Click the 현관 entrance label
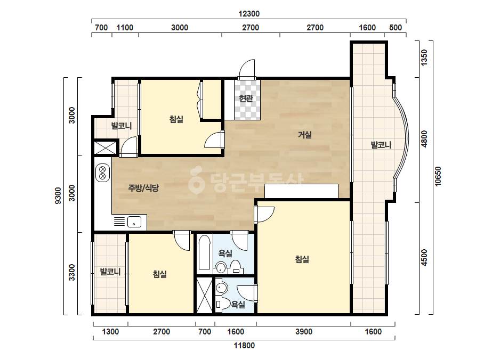246,99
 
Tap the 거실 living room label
305,135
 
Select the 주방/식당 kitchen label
143,188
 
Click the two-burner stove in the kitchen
102,173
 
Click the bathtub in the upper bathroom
204,252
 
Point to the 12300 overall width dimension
249,14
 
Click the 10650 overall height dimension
438,176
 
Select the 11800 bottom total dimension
244,346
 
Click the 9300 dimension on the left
58,195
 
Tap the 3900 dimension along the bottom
304,331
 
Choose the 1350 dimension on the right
424,58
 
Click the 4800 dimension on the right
424,139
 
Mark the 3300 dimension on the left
72,273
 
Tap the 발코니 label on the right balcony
381,145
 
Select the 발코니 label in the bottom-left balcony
110,271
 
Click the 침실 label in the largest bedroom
302,259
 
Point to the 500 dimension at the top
396,28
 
